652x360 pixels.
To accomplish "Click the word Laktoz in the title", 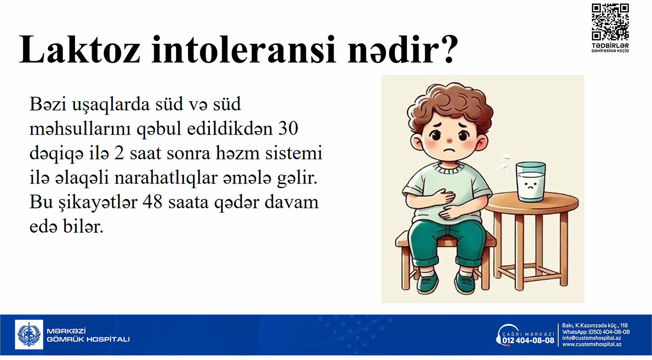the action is pyautogui.click(x=80, y=49).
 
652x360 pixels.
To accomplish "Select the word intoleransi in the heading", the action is pyautogui.click(x=244, y=49).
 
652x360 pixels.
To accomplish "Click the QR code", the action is pyautogui.click(x=610, y=22).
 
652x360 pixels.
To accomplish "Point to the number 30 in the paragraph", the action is pyautogui.click(x=288, y=128).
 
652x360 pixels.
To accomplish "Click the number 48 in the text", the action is pyautogui.click(x=152, y=202).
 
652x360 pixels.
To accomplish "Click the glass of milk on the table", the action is pyautogui.click(x=531, y=182).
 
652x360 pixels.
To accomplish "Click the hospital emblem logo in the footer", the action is pyautogui.click(x=29, y=334).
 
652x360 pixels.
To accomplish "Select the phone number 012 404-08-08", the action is pyautogui.click(x=528, y=341).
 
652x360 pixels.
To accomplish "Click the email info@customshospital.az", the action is pyautogui.click(x=591, y=338).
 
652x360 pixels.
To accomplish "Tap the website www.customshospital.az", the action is pyautogui.click(x=592, y=344).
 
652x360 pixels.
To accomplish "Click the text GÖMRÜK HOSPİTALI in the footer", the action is pyautogui.click(x=88, y=339).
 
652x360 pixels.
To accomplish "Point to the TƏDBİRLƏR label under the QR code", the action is pyautogui.click(x=610, y=46).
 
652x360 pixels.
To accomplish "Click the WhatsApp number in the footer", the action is pyautogui.click(x=609, y=332).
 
